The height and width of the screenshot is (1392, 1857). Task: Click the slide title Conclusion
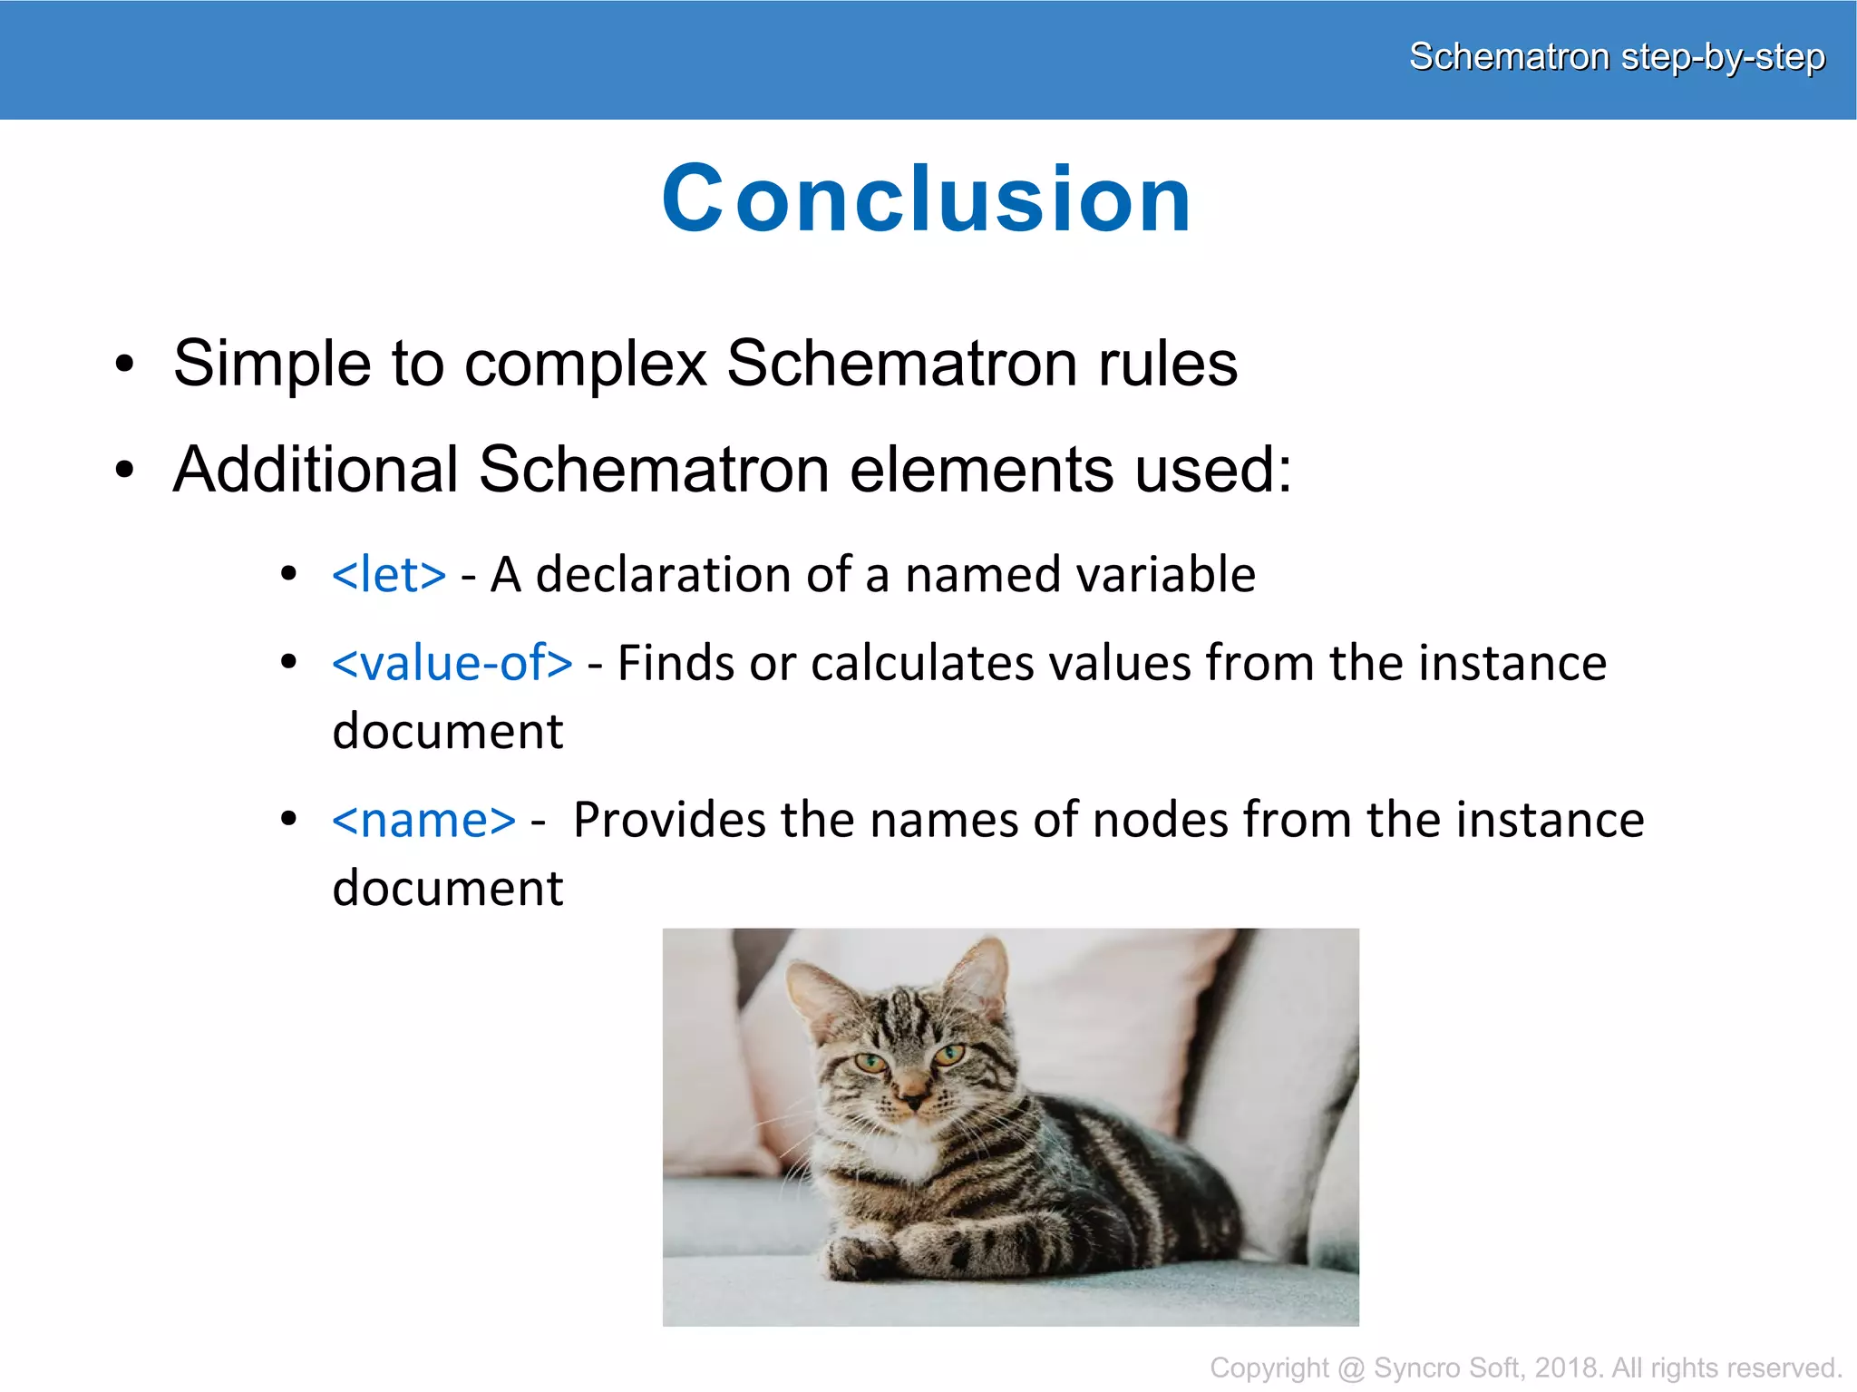tap(926, 200)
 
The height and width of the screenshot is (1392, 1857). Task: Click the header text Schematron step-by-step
tap(1616, 57)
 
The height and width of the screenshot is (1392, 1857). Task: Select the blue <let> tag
tap(389, 575)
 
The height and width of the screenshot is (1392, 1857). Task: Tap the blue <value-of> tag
tap(452, 663)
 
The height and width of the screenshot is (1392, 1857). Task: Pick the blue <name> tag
tap(423, 821)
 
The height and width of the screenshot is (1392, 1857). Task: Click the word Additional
tap(316, 470)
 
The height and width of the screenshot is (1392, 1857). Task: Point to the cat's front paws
tap(870, 1256)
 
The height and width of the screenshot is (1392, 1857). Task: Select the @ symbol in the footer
tap(1351, 1368)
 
